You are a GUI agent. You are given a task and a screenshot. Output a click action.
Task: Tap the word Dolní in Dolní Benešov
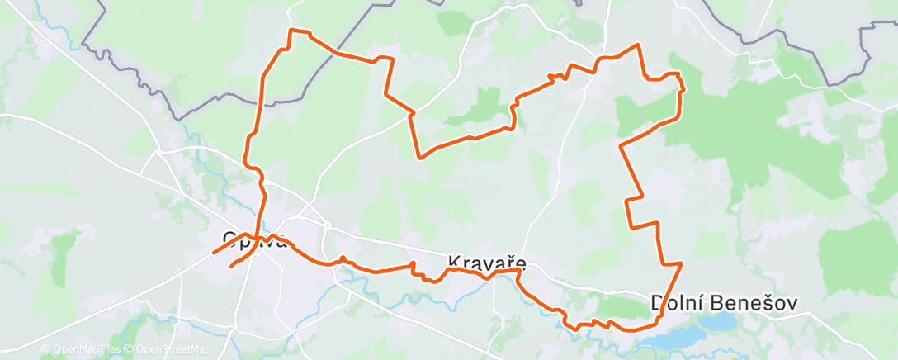(x=678, y=303)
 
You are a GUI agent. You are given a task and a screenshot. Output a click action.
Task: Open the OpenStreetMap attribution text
(x=171, y=350)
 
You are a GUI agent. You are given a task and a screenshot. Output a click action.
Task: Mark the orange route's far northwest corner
(x=290, y=31)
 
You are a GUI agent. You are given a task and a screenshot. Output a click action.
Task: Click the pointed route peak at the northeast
(x=637, y=45)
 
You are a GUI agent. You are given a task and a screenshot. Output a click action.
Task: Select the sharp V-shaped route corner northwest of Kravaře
(x=420, y=157)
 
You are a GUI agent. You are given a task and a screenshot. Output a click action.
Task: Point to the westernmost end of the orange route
(x=213, y=253)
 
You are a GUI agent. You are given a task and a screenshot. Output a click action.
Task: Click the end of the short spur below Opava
(x=230, y=266)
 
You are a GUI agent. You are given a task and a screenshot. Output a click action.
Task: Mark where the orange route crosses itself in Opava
(x=258, y=240)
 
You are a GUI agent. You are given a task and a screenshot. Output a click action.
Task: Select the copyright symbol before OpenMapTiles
(x=45, y=350)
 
